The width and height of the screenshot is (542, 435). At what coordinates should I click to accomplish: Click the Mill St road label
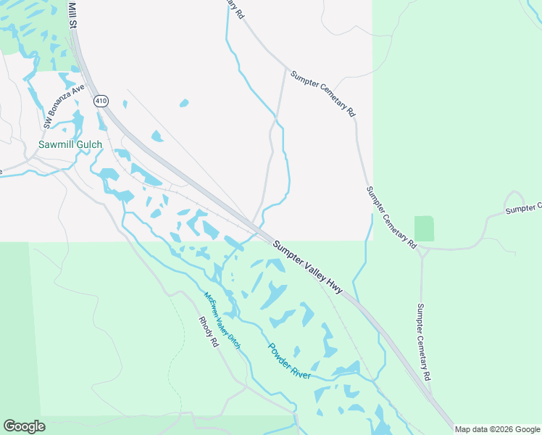click(x=72, y=14)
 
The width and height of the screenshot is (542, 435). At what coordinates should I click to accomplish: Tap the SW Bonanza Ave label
click(x=64, y=107)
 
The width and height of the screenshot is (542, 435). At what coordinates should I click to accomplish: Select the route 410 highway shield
click(x=100, y=101)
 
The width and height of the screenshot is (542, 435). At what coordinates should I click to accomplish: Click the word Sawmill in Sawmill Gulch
click(x=57, y=144)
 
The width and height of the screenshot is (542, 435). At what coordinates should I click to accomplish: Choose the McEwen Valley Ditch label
click(x=222, y=320)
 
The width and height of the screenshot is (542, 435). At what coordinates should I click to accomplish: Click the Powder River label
click(x=290, y=360)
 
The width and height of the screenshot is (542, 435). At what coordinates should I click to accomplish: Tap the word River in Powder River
click(x=300, y=369)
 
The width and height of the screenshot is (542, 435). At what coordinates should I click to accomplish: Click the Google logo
click(x=24, y=426)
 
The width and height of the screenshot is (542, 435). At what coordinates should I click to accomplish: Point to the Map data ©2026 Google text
click(x=497, y=429)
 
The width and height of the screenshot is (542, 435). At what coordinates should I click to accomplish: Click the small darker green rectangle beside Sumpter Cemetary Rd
click(x=424, y=228)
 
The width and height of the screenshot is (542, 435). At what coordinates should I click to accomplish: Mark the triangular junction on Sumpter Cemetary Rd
click(x=423, y=252)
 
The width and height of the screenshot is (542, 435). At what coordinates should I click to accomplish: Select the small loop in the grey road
click(x=514, y=198)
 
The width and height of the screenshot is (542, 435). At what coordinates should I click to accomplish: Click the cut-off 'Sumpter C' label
click(x=523, y=209)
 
